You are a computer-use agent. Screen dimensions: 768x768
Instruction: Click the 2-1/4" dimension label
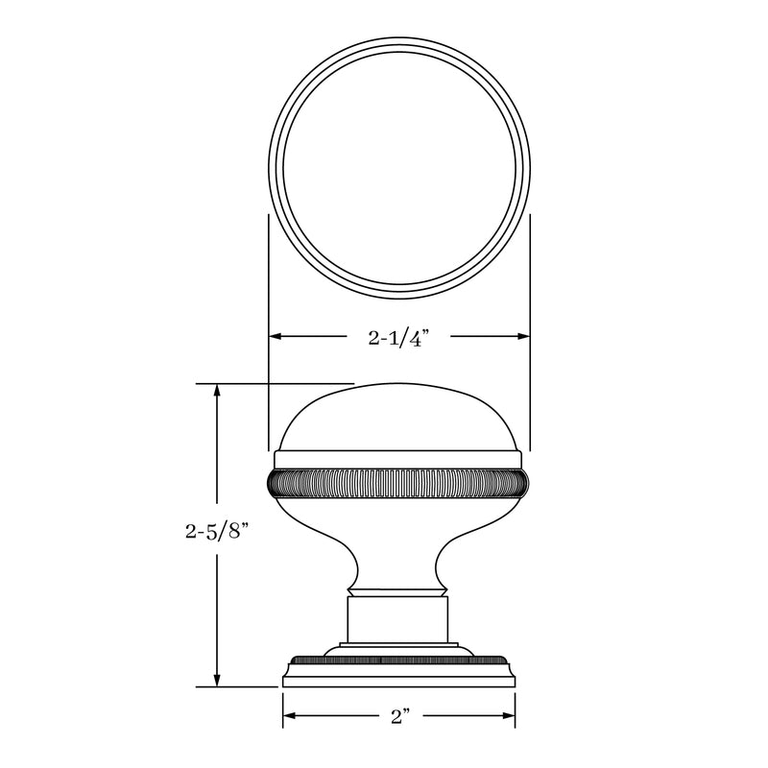pos(398,337)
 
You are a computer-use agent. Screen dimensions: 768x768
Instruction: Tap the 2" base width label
pos(398,716)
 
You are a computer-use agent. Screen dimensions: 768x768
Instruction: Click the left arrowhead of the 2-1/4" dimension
pos(274,336)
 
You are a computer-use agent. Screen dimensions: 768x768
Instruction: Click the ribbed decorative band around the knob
pos(398,482)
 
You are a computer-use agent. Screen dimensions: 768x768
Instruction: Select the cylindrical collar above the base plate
pos(398,619)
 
